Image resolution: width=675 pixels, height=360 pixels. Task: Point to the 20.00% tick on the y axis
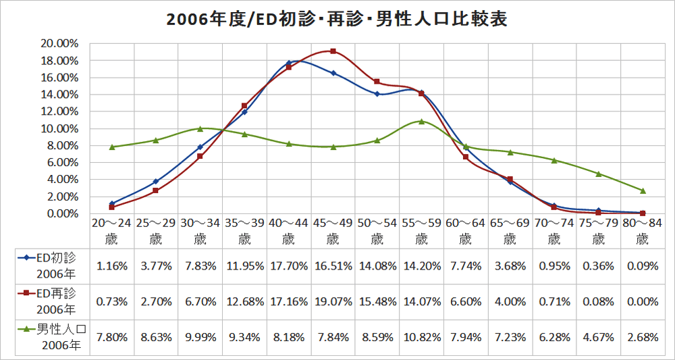tap(60, 43)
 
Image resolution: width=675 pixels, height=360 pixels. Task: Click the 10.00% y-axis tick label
tap(60, 128)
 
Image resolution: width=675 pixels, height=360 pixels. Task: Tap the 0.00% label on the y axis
tap(62, 213)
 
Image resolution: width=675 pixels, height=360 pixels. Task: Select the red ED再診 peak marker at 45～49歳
tap(333, 51)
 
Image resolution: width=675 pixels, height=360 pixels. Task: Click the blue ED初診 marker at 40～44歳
tap(288, 63)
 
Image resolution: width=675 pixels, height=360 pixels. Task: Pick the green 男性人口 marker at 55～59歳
tap(421, 122)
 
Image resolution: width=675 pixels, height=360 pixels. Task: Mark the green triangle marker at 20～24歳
tap(112, 147)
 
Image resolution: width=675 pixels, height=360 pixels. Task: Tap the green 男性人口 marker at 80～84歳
tap(643, 190)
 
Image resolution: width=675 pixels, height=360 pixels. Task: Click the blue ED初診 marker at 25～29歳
tap(156, 182)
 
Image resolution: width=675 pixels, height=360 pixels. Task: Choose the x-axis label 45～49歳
tap(333, 230)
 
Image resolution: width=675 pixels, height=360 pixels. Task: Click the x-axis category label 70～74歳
tap(554, 230)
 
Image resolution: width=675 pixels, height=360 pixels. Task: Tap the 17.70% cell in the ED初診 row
tap(288, 265)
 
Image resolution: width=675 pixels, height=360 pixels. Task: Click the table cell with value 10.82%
tap(421, 337)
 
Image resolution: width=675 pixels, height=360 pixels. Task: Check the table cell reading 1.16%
tap(112, 265)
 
